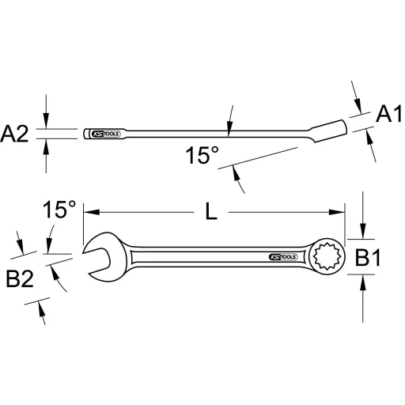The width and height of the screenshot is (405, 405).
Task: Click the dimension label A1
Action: pyautogui.click(x=385, y=115)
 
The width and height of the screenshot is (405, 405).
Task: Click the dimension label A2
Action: pyautogui.click(x=16, y=134)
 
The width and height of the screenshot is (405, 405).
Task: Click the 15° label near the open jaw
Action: pyautogui.click(x=59, y=210)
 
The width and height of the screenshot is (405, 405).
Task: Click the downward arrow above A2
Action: pyautogui.click(x=47, y=123)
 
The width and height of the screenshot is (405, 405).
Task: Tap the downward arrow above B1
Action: pyautogui.click(x=362, y=233)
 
